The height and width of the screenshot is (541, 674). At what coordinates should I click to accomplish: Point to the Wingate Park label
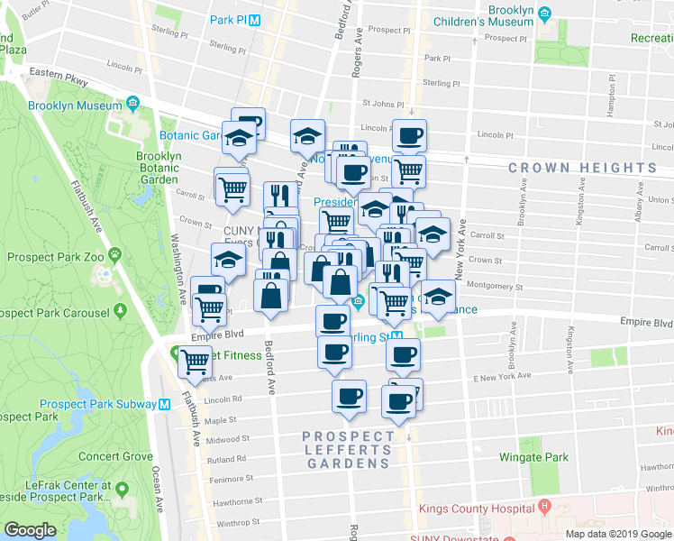tap(534, 457)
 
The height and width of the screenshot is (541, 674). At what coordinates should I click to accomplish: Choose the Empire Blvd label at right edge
tap(646, 322)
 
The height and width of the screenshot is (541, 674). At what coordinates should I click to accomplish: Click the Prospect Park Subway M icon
tap(165, 404)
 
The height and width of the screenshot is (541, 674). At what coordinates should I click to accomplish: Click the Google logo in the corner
tap(30, 530)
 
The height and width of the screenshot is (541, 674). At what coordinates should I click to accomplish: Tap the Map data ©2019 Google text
tap(618, 534)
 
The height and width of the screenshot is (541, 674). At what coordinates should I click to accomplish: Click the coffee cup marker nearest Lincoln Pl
tap(409, 136)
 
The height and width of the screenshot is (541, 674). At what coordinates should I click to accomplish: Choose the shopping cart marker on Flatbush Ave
tap(196, 362)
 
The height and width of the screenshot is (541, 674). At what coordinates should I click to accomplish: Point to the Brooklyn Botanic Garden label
tap(159, 168)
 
